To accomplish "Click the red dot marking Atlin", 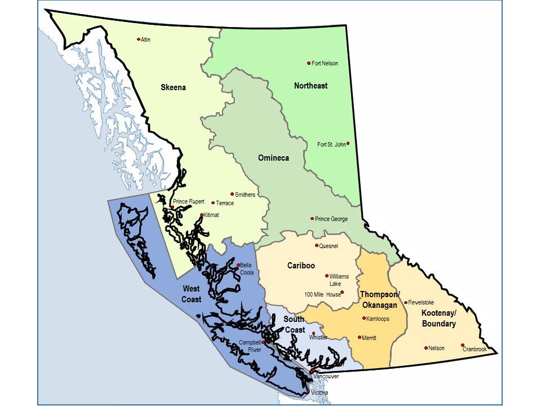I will pos(138,39).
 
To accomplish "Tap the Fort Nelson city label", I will pos(325,64).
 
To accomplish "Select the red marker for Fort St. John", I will pos(348,143).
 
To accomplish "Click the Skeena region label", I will pos(174,87).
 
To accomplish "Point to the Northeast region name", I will pos(311,86).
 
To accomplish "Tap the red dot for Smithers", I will pos(232,194).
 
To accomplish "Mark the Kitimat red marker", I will pos(202,214).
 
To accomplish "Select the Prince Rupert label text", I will pos(189,201).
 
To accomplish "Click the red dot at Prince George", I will pos(312,219).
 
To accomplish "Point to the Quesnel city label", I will pos(329,246).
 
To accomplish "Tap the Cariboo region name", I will pos(300,266).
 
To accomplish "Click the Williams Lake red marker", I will pos(327,276).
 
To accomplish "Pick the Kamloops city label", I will pos(378,319).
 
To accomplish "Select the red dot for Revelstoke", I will pos(406,302).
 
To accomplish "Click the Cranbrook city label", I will pos(475,350).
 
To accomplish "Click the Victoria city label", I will pos(320,393).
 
